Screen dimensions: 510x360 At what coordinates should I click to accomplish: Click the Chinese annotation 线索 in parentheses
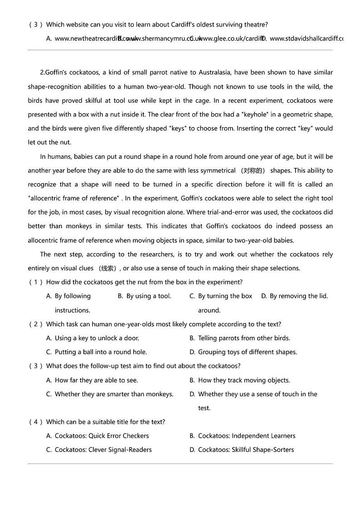[x=108, y=268]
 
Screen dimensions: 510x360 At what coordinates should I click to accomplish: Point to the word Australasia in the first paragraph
[x=216, y=72]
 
